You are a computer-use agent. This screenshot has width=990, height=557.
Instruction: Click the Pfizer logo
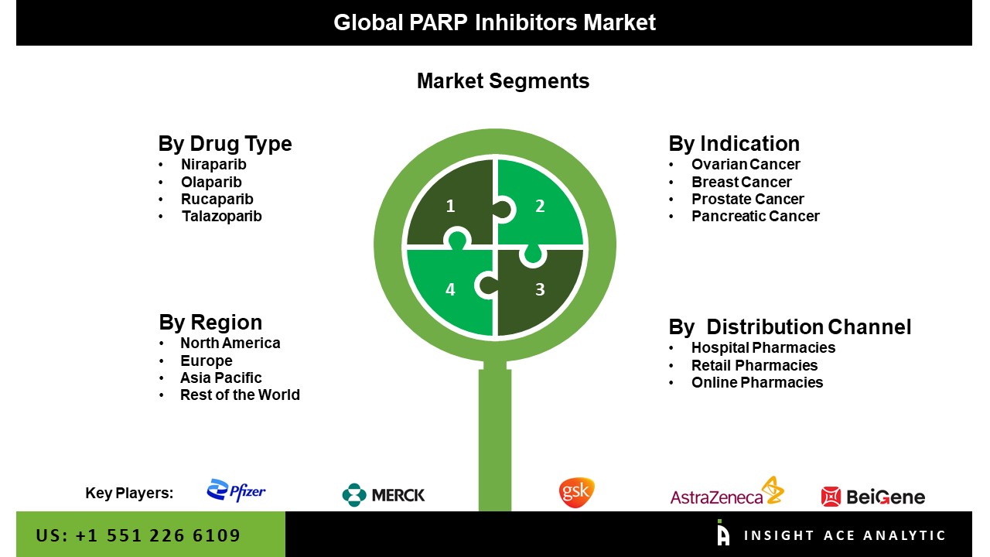(236, 490)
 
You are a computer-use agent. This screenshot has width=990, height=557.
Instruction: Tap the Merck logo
(383, 494)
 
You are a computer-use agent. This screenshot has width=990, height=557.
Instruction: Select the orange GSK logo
(577, 492)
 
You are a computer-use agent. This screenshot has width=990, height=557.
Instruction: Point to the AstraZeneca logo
(727, 490)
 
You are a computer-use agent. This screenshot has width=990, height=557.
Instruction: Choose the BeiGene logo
(873, 497)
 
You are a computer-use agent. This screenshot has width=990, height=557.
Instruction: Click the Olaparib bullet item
(211, 182)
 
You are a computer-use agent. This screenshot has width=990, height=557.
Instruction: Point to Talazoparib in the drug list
(222, 216)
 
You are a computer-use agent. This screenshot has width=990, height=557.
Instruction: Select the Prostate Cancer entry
(747, 199)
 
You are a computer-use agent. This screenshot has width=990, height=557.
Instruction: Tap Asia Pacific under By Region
(221, 378)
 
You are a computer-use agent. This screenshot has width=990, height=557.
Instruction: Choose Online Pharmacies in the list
(757, 382)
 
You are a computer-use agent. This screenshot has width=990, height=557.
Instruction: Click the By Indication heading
(734, 144)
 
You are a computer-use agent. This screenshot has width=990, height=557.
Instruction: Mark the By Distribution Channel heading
(790, 327)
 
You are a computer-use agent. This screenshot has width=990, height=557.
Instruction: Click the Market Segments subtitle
(503, 81)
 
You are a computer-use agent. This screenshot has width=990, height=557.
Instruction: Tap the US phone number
(138, 535)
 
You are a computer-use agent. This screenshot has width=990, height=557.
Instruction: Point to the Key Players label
(129, 493)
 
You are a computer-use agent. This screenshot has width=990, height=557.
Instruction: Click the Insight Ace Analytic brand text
(845, 535)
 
